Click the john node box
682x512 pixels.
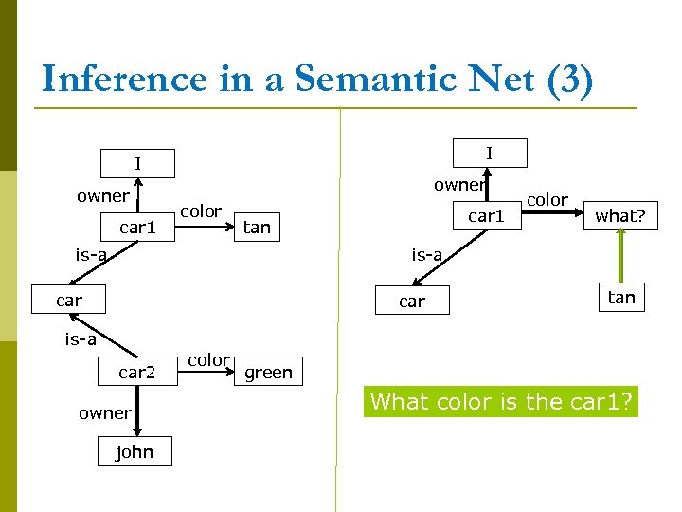tap(134, 452)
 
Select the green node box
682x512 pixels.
tap(268, 372)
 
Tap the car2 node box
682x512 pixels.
tap(136, 372)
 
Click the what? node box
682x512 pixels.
tap(619, 215)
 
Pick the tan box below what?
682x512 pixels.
tap(620, 297)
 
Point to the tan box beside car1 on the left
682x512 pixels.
tap(257, 227)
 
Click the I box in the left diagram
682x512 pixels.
tap(137, 164)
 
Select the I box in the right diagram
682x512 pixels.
tap(489, 153)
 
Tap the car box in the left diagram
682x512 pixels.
tap(68, 301)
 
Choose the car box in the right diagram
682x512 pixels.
tap(412, 301)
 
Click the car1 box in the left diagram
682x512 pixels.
tap(137, 228)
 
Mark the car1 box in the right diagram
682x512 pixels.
tap(487, 215)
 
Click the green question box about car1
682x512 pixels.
tap(502, 402)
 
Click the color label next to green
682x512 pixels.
tap(207, 360)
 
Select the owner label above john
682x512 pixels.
tap(104, 412)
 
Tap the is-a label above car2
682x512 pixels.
tap(80, 338)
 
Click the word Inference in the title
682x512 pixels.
tap(123, 79)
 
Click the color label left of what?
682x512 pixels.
tap(547, 199)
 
